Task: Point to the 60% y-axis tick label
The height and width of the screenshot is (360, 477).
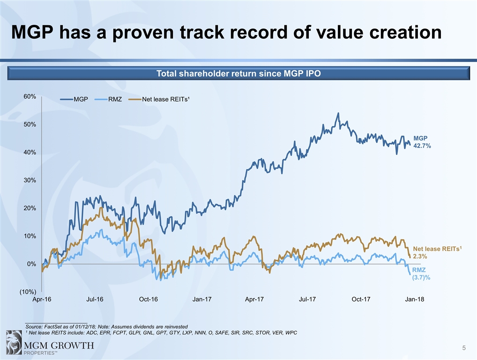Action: point(30,97)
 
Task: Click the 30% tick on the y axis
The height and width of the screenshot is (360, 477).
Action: point(30,180)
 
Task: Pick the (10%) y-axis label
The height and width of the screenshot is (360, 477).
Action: point(28,292)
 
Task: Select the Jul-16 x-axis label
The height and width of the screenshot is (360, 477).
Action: point(95,300)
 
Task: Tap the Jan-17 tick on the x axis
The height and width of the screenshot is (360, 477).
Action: point(201,300)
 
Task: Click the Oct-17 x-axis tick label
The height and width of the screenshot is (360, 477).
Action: point(361,300)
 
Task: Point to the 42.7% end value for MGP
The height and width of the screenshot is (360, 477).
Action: point(422,146)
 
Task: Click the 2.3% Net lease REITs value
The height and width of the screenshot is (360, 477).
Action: point(419,256)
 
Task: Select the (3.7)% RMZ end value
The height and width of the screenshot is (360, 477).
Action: point(421,277)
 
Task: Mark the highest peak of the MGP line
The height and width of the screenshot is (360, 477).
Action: point(338,113)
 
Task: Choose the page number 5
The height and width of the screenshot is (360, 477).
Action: point(463,347)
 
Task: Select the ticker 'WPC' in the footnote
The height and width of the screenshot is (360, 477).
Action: point(291,333)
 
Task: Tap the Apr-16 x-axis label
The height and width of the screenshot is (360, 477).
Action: point(42,300)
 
